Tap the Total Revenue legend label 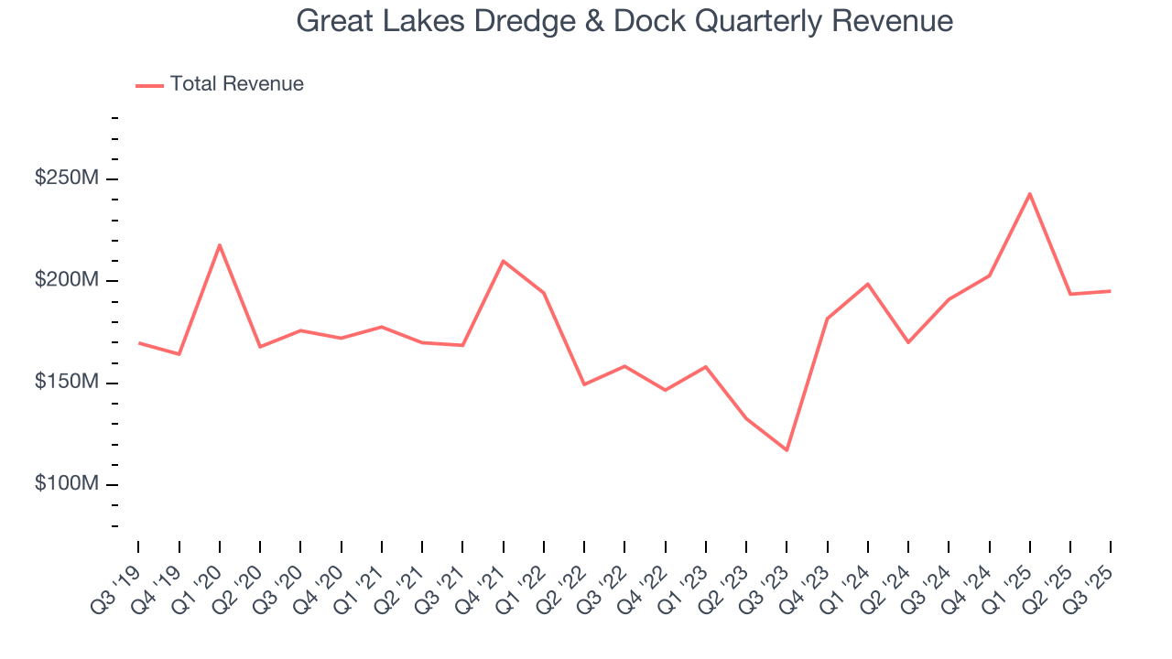coord(236,84)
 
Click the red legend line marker coord(149,85)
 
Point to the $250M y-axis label coord(66,178)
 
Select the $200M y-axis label coord(66,280)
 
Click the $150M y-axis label coord(66,382)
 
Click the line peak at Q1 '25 coord(1030,194)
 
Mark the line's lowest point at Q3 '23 coord(787,450)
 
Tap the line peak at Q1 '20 coord(220,244)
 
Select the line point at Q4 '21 coord(504,261)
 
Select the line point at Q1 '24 coord(868,284)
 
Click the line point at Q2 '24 coord(908,342)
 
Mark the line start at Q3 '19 coord(139,343)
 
